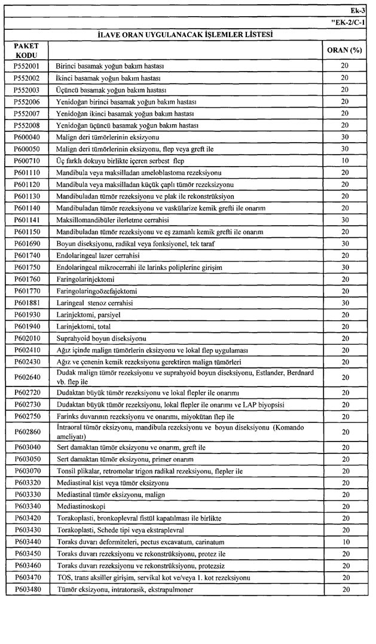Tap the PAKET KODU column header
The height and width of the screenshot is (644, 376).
26,50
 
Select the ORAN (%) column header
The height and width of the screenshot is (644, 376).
344,50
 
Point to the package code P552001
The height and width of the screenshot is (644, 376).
26,65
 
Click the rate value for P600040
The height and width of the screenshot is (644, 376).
344,137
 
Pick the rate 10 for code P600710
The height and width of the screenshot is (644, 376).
344,161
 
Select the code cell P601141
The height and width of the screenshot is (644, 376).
26,219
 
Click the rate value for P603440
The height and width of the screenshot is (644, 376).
344,542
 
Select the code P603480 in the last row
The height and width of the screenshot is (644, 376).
26,590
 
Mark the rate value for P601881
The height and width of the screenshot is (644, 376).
344,303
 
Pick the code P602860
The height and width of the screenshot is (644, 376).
26,432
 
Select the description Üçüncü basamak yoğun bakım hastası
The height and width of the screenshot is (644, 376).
110,89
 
